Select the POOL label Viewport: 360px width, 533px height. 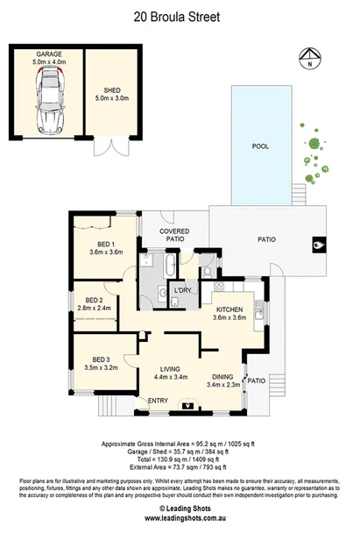pos(260,146)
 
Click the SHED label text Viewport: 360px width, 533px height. pos(111,89)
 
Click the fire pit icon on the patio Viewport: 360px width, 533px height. pos(316,245)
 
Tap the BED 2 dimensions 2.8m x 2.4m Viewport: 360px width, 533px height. pos(95,309)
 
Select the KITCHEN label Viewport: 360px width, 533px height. pos(229,309)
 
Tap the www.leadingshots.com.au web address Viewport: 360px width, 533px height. pos(180,517)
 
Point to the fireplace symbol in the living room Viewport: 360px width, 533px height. pos(187,405)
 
